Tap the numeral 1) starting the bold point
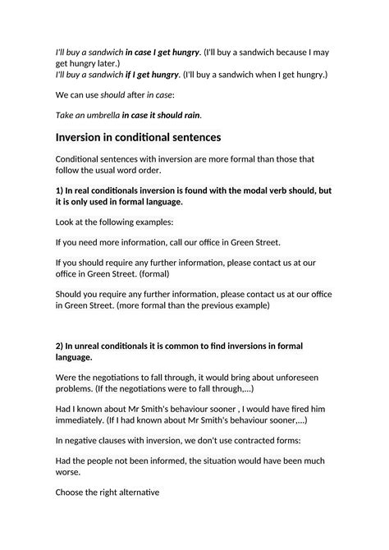pyautogui.click(x=60, y=190)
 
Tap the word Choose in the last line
pyautogui.click(x=71, y=493)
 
